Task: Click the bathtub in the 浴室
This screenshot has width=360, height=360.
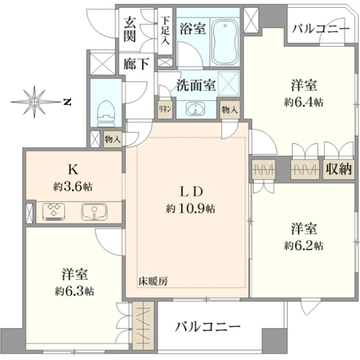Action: click(225, 42)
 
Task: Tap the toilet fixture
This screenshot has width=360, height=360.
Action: click(106, 113)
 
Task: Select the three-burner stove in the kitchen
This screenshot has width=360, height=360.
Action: click(53, 212)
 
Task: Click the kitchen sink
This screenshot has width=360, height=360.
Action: click(94, 212)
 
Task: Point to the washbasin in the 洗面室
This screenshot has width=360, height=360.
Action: click(196, 109)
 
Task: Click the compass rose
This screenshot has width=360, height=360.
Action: click(34, 102)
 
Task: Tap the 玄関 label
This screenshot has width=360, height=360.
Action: click(130, 29)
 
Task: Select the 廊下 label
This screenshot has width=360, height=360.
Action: click(136, 64)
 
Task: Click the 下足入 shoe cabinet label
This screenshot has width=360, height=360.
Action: click(165, 31)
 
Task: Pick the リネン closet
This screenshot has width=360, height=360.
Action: click(165, 109)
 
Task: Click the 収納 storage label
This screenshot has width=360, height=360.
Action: click(339, 169)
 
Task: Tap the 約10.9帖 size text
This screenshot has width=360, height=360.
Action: click(191, 209)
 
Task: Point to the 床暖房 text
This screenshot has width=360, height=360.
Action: click(153, 281)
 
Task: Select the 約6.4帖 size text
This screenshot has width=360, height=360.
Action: click(304, 102)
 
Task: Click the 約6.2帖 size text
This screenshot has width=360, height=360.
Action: click(304, 245)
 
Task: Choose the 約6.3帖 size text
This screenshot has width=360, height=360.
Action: click(74, 292)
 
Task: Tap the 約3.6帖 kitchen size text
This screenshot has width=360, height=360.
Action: click(73, 187)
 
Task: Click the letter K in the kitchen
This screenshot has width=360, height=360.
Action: click(73, 170)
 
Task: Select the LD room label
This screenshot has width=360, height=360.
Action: click(191, 192)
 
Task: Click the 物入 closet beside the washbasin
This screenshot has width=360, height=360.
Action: click(230, 110)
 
